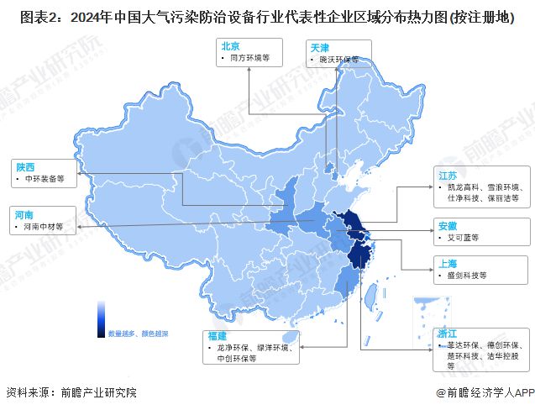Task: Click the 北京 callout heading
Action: tap(230, 47)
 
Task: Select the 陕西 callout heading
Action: tap(25, 166)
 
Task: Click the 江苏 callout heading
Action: tap(447, 175)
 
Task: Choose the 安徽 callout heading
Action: tap(447, 225)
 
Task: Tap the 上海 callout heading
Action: tap(447, 262)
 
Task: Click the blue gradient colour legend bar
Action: tap(100, 318)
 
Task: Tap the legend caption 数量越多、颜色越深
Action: tap(137, 334)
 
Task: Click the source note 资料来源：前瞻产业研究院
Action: tap(71, 392)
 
